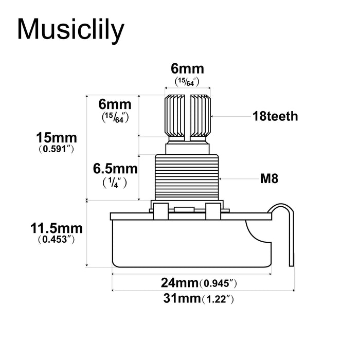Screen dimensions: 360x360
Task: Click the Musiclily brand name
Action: [x=71, y=29]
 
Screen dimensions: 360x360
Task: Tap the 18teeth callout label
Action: [x=275, y=116]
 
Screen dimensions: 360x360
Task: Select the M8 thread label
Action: [x=269, y=179]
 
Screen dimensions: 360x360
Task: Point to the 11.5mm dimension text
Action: [x=57, y=227]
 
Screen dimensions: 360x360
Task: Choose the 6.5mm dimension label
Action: [x=115, y=169]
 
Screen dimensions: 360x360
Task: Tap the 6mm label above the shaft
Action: [x=187, y=68]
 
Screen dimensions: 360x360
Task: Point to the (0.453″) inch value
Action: [x=57, y=239]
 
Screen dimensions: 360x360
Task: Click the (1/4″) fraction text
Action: [x=115, y=182]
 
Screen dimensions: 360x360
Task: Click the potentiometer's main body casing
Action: [x=190, y=242]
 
